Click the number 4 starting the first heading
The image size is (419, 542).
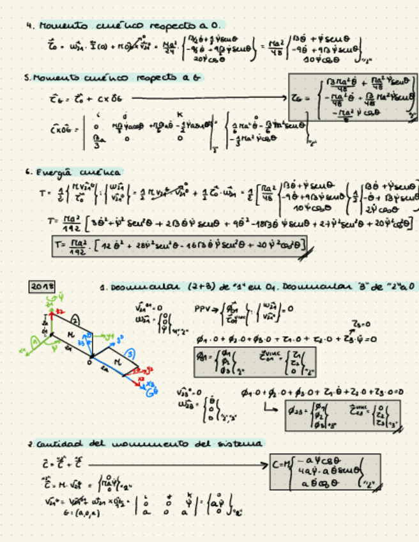29,26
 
